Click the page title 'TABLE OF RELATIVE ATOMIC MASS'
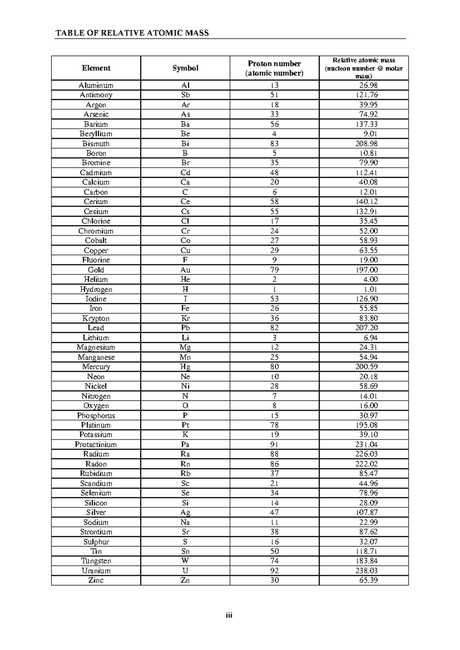coord(132,33)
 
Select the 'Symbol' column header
coord(185,68)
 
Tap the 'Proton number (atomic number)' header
coord(274,68)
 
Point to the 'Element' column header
coord(96,68)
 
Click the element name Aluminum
coord(96,85)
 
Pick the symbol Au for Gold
coord(185,270)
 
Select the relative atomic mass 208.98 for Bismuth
coord(366,144)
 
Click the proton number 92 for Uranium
coord(274,571)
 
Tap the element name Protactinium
coord(96,445)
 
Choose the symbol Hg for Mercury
coord(185,367)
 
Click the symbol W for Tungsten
coord(185,561)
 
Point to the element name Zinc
coord(96,580)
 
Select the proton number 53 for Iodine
coord(274,299)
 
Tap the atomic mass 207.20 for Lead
coord(366,328)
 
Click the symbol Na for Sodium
coord(185,522)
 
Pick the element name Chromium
coord(96,231)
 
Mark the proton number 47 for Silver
coord(274,512)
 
